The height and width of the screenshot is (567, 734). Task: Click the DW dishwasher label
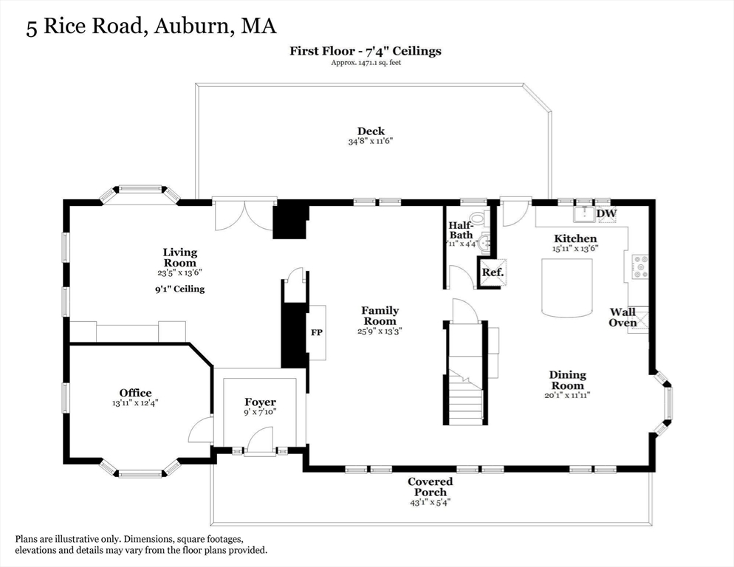(607, 213)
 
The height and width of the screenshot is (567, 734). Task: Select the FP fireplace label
(317, 332)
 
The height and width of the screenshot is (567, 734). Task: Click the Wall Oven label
(622, 317)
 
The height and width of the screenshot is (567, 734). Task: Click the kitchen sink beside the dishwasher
(584, 214)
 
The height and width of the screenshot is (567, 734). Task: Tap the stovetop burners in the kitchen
(640, 267)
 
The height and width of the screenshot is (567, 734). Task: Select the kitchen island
(567, 286)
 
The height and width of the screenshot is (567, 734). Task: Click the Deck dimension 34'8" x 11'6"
(370, 141)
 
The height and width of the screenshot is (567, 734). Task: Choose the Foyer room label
(260, 402)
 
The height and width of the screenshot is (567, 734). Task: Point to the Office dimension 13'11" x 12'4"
(135, 402)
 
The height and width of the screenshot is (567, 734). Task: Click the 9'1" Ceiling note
(180, 289)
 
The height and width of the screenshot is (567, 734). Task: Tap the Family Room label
(380, 316)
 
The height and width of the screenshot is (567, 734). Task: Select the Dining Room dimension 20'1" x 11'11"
(567, 395)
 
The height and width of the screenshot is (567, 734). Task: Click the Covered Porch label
(431, 487)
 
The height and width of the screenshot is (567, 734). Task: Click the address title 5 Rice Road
(84, 26)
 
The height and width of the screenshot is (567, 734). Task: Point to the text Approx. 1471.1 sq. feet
(366, 62)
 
